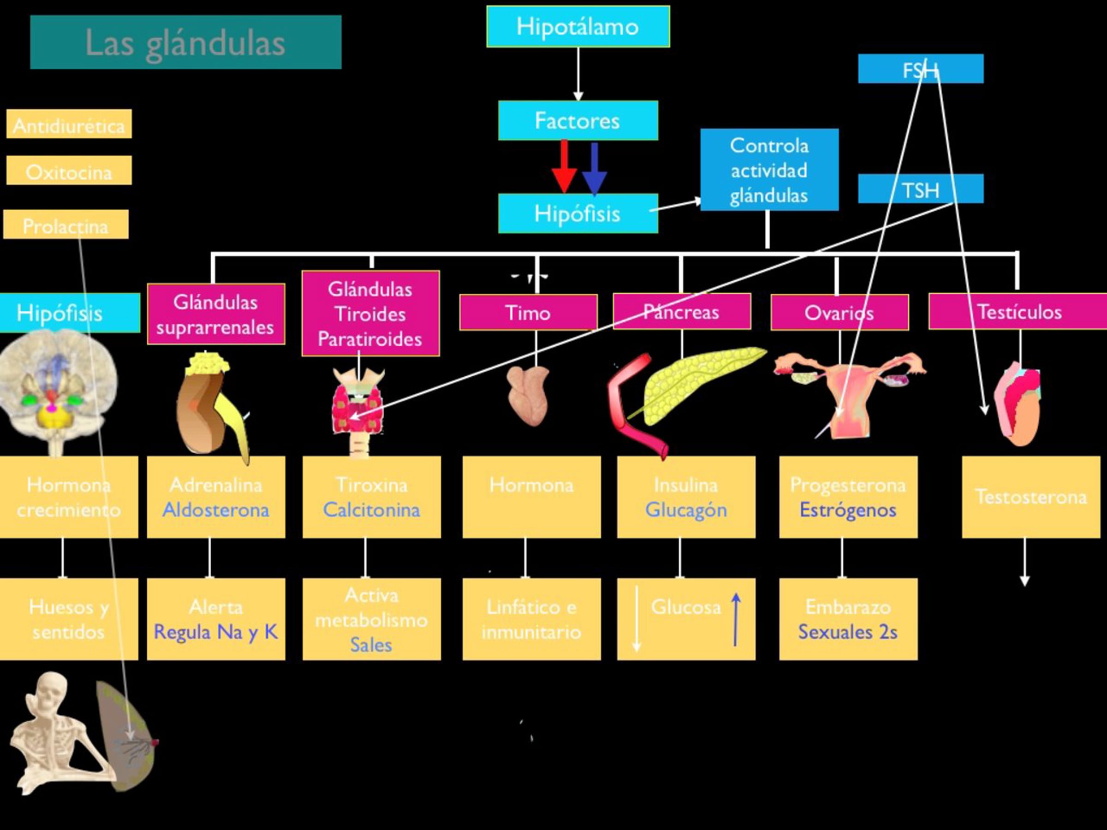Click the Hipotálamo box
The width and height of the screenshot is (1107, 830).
coord(578,27)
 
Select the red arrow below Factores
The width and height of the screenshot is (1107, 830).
coord(564,166)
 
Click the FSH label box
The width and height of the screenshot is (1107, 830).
coord(921,69)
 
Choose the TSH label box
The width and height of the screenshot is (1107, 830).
coord(921,189)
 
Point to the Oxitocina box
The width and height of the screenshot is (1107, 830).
coord(69,170)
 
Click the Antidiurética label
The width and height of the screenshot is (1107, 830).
coord(69,124)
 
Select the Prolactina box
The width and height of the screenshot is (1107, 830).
coord(66,224)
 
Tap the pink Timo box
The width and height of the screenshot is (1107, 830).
coord(529,312)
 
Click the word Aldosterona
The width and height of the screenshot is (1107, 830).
coord(216,510)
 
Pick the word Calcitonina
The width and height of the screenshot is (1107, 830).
coord(371,510)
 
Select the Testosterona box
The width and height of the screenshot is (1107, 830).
coord(1031,497)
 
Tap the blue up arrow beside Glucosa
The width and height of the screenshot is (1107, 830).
coord(736,619)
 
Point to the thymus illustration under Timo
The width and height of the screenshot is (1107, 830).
coord(529,395)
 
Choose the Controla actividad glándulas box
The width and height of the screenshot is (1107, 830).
coord(769,170)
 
